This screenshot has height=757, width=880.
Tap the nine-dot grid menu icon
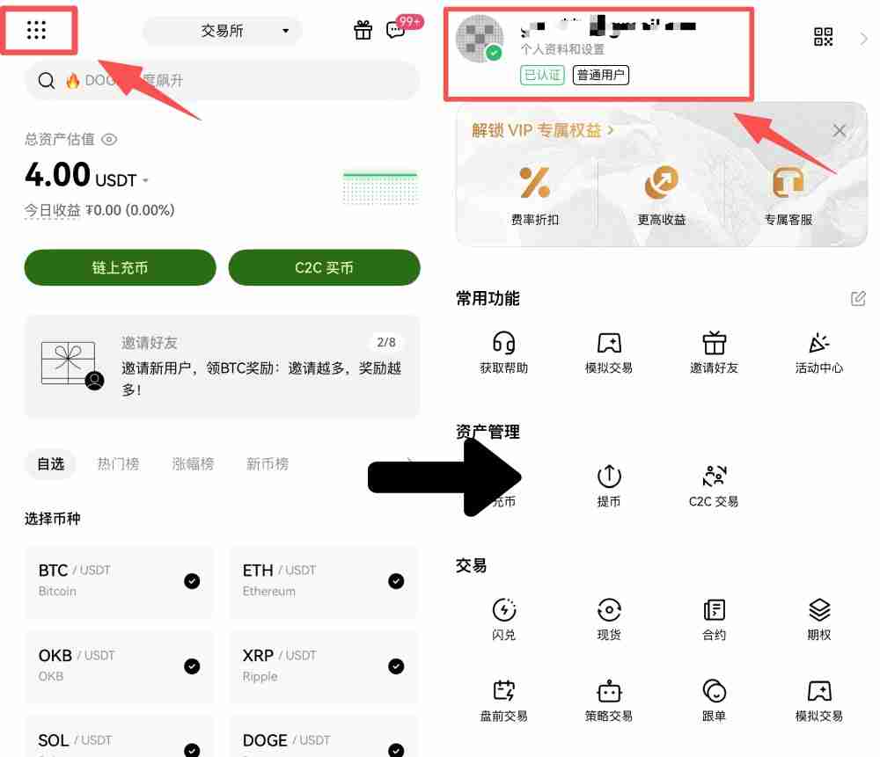36,30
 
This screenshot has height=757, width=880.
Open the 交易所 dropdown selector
222,31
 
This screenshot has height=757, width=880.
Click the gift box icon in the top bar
363,30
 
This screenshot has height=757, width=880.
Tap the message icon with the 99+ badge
396,30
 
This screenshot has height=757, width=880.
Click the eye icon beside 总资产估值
109,139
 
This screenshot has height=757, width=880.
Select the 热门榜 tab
118,463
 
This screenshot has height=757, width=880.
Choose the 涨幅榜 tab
193,463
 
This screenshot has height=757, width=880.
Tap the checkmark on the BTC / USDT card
192,580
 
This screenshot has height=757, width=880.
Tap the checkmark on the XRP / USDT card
396,666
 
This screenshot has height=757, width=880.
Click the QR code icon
823,37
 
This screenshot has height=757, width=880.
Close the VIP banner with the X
840,131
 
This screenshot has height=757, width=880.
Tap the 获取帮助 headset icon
504,342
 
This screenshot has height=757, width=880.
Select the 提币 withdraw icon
609,477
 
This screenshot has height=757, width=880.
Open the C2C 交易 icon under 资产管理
714,477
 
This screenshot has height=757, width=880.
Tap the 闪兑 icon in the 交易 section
504,609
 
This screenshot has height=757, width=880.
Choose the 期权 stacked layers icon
819,609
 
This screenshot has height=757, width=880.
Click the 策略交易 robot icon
609,691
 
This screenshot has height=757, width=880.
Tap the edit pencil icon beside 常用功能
858,298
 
